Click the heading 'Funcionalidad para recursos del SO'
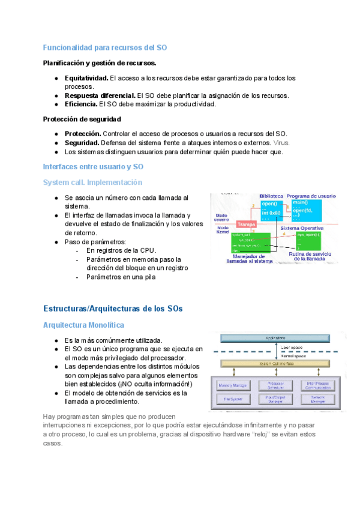[x=106, y=47]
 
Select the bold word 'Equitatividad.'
[x=86, y=78]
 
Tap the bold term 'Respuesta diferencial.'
[x=100, y=95]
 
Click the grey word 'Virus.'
[x=281, y=143]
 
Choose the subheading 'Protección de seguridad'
[x=82, y=119]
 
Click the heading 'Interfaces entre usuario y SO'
[x=94, y=166]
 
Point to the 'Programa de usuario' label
[x=311, y=196]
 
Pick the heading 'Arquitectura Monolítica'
[x=84, y=325]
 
